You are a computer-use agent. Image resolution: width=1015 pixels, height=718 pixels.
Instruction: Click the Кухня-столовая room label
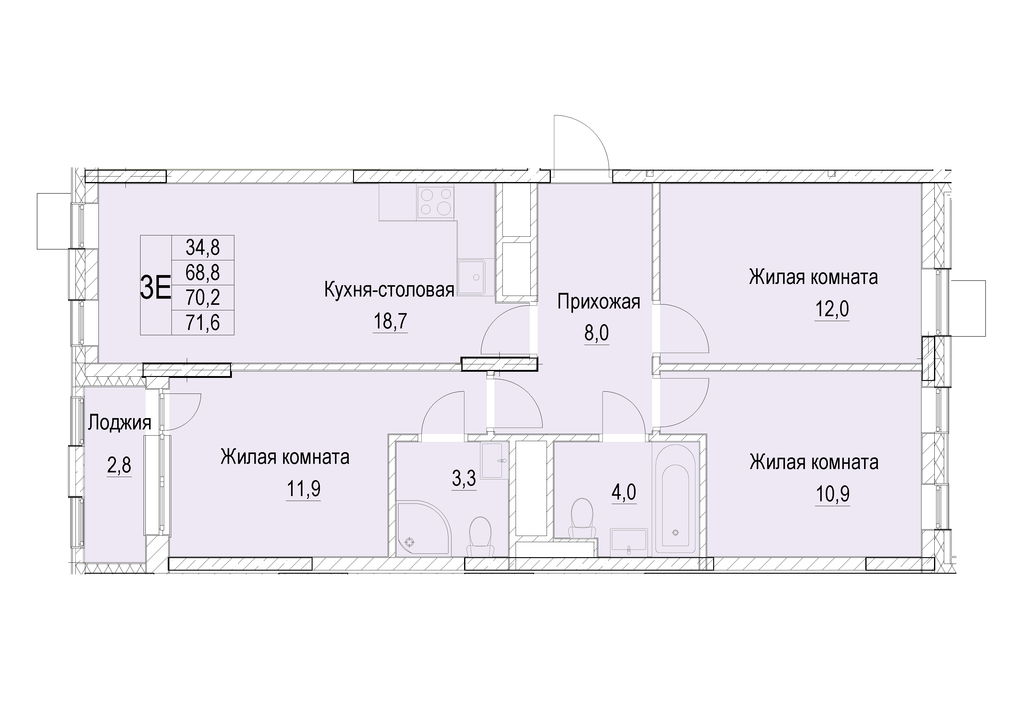coord(389,290)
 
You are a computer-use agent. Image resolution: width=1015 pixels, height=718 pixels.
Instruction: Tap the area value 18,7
coord(390,322)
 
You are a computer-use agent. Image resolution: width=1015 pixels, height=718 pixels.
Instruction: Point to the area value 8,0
coord(596,333)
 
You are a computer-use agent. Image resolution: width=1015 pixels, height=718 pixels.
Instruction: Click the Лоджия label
coord(119,423)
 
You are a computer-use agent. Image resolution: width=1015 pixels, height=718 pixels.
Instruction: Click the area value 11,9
coord(304,489)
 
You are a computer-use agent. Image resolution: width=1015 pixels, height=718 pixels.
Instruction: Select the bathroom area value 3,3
coord(464,479)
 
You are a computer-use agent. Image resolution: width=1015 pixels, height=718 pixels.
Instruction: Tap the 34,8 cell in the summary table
coord(203,247)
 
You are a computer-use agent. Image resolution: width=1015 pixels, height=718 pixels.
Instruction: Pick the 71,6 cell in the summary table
coord(203,323)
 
